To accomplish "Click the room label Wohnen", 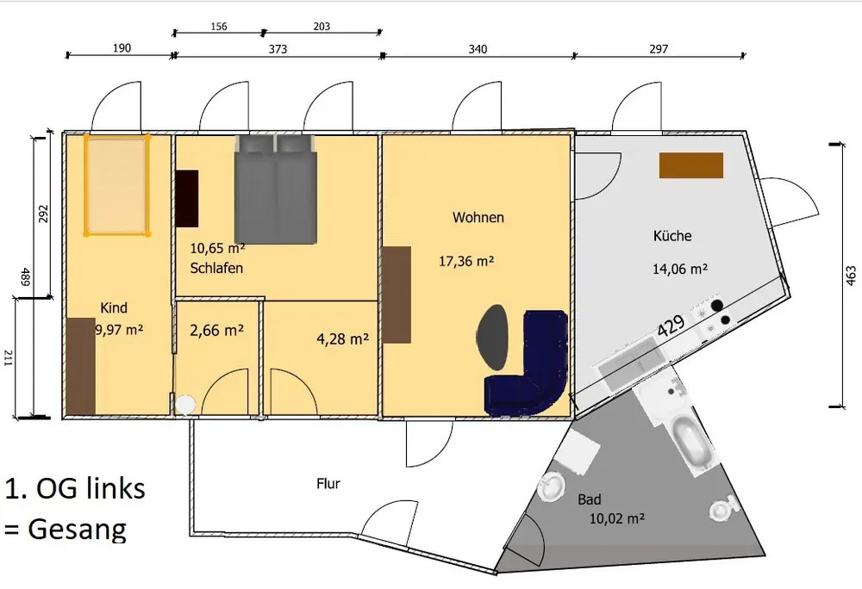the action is [x=478, y=217].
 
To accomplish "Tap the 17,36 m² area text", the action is [x=466, y=261].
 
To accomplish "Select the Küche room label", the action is [x=672, y=236].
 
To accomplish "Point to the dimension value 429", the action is [x=671, y=325].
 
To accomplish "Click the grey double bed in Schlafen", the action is [x=276, y=189].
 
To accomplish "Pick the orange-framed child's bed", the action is [x=116, y=185].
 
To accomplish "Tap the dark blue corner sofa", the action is [x=528, y=365].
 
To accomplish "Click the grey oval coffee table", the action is [x=492, y=337].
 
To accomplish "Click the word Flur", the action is [x=328, y=484].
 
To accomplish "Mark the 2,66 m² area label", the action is [x=216, y=331].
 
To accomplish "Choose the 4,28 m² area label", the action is [x=342, y=339].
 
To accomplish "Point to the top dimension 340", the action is [x=478, y=49].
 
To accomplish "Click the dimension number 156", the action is [x=219, y=27].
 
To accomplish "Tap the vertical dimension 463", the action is [x=851, y=276].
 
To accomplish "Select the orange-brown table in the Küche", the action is [x=691, y=165].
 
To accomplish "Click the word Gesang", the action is [x=77, y=530].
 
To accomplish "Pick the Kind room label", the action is [x=114, y=308].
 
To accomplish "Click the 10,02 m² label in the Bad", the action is [x=617, y=518].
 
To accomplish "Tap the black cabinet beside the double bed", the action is [x=187, y=199].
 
